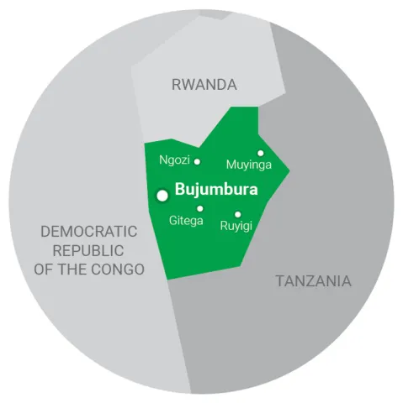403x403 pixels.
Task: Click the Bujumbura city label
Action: [215, 190]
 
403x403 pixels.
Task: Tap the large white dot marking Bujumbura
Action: [162, 195]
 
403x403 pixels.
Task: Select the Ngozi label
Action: [174, 160]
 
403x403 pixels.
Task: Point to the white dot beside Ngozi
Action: [198, 161]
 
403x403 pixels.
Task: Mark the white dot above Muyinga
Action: [261, 153]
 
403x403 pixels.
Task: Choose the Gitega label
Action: [186, 220]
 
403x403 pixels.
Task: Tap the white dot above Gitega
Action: [199, 208]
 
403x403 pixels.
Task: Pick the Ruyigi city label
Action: [236, 226]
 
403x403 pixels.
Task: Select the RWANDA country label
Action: [204, 84]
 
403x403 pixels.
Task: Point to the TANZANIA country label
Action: [313, 281]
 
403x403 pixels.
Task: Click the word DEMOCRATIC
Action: [88, 231]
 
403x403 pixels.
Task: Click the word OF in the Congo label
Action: [44, 270]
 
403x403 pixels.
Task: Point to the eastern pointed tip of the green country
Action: [289, 174]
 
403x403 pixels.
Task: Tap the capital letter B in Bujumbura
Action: [179, 190]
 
